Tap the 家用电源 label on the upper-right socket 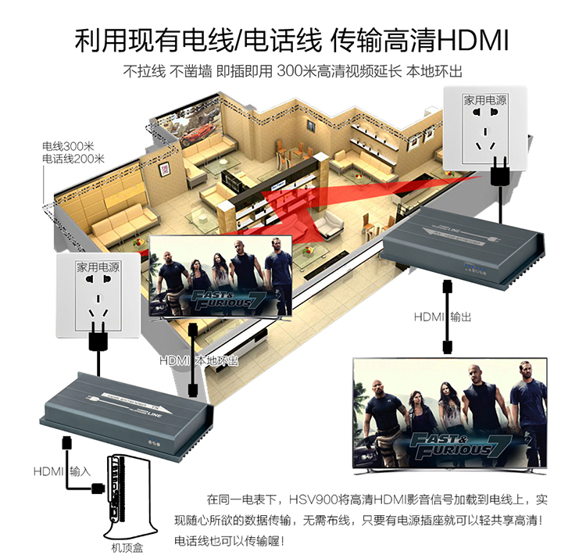click(x=484, y=101)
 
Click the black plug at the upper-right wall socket click(x=497, y=170)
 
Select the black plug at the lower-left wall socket click(x=98, y=338)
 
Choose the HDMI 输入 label click(x=63, y=472)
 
